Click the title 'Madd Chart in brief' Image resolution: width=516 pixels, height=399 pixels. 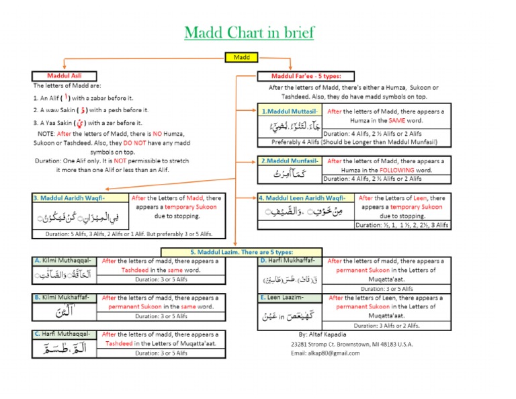[x=249, y=32]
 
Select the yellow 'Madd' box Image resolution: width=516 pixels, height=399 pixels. [x=241, y=58]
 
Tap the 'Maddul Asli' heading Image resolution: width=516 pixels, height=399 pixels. [x=62, y=75]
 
